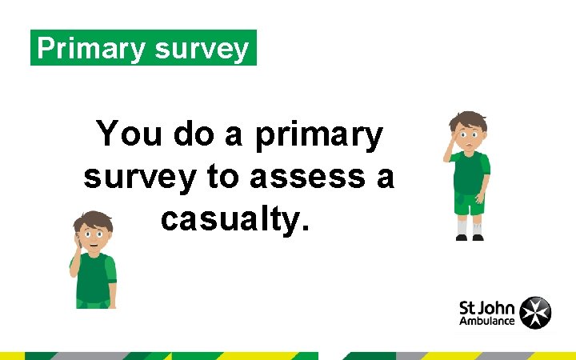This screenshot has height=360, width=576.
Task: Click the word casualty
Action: point(234,217)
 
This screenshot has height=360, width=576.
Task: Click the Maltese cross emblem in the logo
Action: point(535,312)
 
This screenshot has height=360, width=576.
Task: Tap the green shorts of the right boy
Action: point(469,203)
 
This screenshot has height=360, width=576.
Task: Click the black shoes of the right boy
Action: point(470,238)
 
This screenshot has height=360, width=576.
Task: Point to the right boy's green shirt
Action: point(470,172)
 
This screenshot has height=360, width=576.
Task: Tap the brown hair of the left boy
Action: point(94,218)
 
